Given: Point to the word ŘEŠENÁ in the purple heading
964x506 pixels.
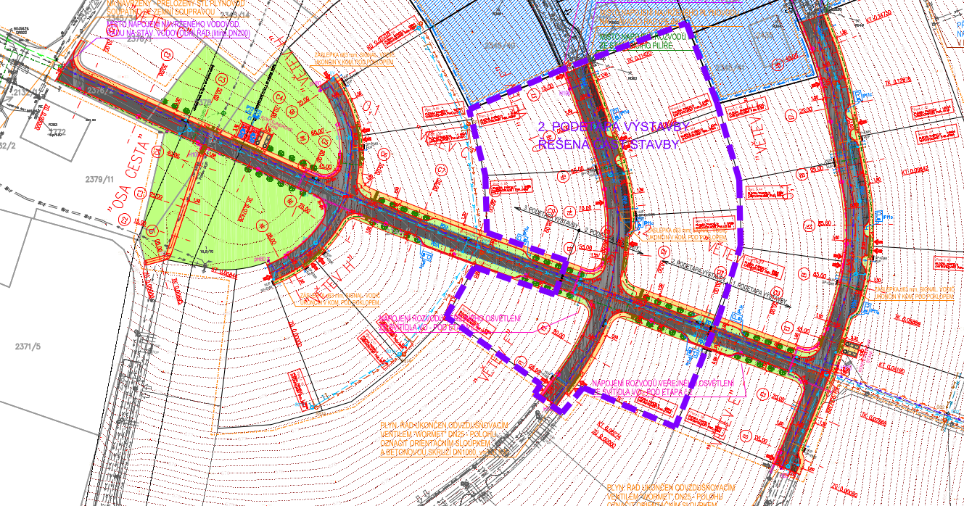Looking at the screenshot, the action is (564, 144).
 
